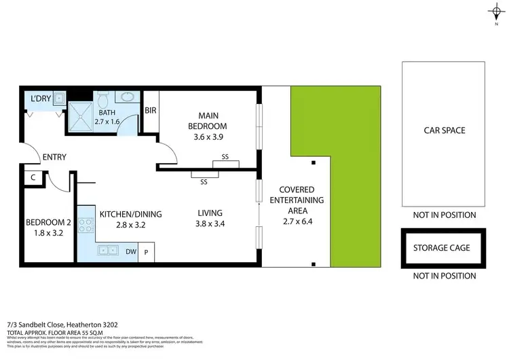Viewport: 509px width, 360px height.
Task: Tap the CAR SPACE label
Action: tap(444, 130)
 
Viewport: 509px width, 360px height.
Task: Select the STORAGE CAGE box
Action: tap(442, 248)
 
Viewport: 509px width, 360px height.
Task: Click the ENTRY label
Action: tap(54, 157)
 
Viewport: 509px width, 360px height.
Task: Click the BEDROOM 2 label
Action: tap(48, 223)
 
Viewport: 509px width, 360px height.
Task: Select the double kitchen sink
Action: tap(109, 251)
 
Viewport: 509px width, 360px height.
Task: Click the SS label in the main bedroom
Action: tap(225, 157)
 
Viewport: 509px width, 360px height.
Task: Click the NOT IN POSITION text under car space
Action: tap(445, 215)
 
